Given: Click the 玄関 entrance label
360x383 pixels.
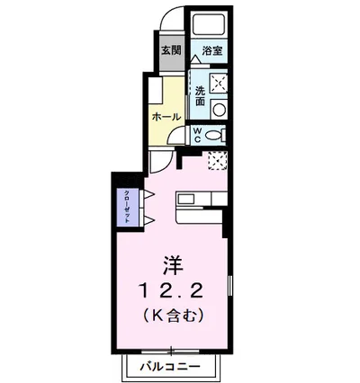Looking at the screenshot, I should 171,50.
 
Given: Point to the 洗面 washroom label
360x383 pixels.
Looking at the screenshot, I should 199,95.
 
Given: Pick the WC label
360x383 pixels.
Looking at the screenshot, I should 197,138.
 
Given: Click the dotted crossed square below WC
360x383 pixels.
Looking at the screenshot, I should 217,160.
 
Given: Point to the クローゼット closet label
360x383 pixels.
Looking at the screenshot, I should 127,207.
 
